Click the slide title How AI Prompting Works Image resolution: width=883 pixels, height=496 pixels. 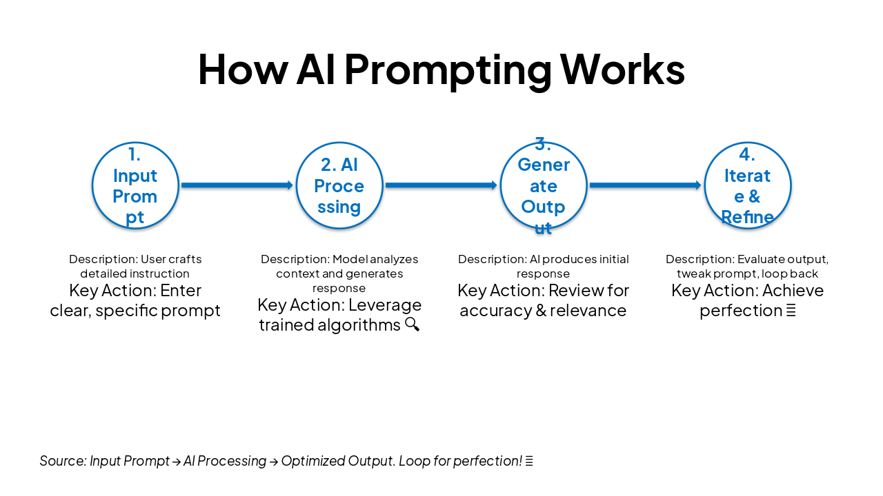point(441,69)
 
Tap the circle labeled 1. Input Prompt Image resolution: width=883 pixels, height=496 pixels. point(135,185)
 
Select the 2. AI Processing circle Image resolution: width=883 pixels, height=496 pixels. point(339,185)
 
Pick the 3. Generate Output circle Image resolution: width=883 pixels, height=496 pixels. point(544,185)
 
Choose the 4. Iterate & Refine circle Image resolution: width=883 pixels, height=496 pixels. point(747,185)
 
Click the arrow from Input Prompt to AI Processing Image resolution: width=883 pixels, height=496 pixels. point(237,185)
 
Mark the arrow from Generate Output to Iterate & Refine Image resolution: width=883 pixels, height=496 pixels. point(646,185)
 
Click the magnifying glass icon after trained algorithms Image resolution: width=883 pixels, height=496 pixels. point(412,324)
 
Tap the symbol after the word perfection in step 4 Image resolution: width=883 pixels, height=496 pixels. point(791,311)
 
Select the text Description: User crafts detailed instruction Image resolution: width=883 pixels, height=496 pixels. point(135,267)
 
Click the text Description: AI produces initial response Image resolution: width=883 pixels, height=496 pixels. point(544,267)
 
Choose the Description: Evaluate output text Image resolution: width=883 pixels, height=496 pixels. point(747,267)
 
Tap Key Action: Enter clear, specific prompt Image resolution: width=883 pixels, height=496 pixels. point(135,300)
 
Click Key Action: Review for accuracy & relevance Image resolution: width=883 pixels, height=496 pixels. point(544,300)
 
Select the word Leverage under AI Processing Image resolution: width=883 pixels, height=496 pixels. point(390,304)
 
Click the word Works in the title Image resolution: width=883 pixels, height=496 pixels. point(622,69)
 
